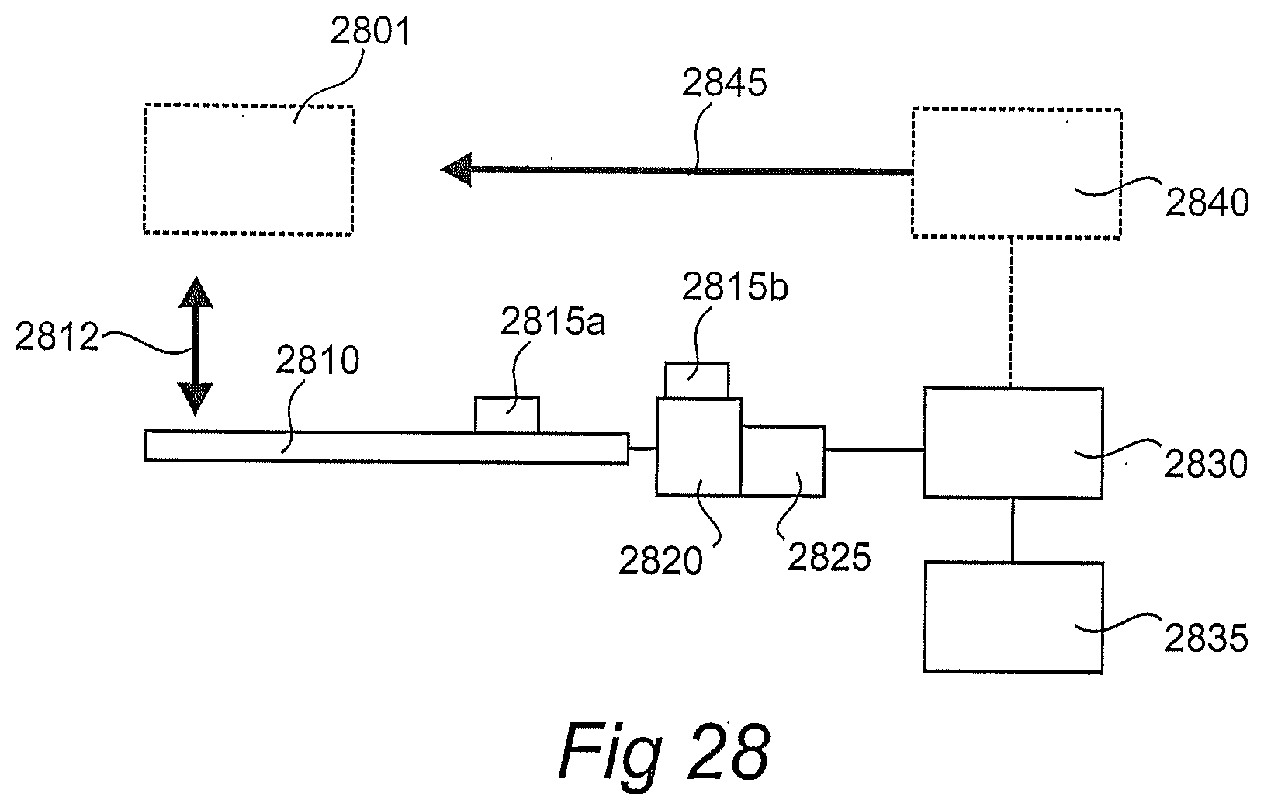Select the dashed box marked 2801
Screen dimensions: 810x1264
pyautogui.click(x=248, y=169)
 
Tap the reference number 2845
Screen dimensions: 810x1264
pyautogui.click(x=724, y=83)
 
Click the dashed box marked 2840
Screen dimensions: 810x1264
pyautogui.click(x=1016, y=173)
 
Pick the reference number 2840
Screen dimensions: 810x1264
pyautogui.click(x=1207, y=203)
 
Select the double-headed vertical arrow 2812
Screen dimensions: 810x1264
pyautogui.click(x=195, y=345)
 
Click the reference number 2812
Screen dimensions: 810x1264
pyautogui.click(x=57, y=337)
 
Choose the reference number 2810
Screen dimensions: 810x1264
pyautogui.click(x=319, y=362)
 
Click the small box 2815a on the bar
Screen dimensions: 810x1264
pyautogui.click(x=506, y=414)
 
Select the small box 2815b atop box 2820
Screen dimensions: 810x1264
pyautogui.click(x=698, y=380)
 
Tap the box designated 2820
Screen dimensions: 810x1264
pyautogui.click(x=698, y=446)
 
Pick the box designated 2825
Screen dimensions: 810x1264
pyautogui.click(x=782, y=461)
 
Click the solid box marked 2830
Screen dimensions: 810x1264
pyautogui.click(x=1012, y=442)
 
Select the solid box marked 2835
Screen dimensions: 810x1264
pyautogui.click(x=1013, y=616)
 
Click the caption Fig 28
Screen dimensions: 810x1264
pyautogui.click(x=663, y=750)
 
